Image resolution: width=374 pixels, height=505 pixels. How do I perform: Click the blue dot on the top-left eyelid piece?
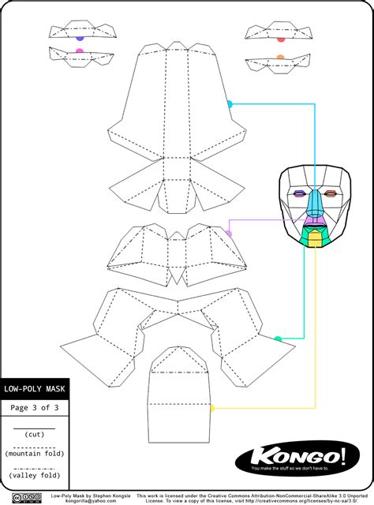click(80, 37)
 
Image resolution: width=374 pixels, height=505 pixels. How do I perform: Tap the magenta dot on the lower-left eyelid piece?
click(79, 51)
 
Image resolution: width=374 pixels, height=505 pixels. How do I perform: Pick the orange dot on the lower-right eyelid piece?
click(281, 57)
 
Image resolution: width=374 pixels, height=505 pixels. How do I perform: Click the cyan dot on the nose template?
click(230, 104)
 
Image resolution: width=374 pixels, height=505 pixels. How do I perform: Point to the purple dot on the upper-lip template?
click(229, 234)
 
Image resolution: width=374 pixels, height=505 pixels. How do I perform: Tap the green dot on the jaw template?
click(277, 339)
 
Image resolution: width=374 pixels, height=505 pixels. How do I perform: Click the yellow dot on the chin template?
click(211, 408)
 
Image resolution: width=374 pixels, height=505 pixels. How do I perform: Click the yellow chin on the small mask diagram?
click(315, 240)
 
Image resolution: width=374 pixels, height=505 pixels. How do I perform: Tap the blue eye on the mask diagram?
click(300, 193)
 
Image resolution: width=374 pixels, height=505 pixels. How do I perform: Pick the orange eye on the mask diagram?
click(330, 193)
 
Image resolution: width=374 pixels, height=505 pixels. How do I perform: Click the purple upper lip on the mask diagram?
click(314, 222)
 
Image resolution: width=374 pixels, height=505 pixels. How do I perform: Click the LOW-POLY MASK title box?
click(34, 389)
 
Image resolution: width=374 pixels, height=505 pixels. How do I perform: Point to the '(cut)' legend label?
click(34, 434)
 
